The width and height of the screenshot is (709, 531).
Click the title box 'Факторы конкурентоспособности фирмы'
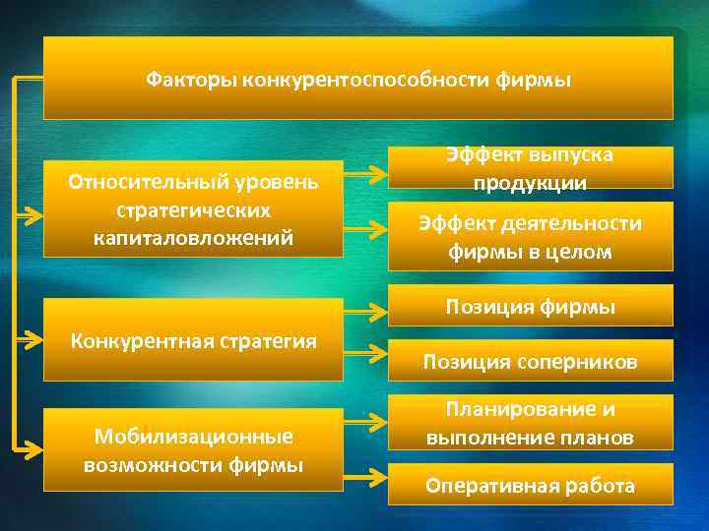point(358,79)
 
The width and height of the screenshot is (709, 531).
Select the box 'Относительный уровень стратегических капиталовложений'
point(193,209)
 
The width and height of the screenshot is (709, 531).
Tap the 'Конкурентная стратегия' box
point(193,341)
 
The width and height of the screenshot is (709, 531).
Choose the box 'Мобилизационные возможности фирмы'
point(193,449)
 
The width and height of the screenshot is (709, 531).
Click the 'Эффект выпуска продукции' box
point(530,168)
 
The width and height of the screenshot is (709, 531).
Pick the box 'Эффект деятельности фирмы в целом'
point(530,237)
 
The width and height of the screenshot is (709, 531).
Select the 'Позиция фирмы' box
point(530,306)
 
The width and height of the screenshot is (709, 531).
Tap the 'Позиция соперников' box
point(530,361)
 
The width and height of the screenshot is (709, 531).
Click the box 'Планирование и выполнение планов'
point(530,423)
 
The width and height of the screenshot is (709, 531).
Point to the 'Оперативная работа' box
point(530,485)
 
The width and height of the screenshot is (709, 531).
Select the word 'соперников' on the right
point(581,362)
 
